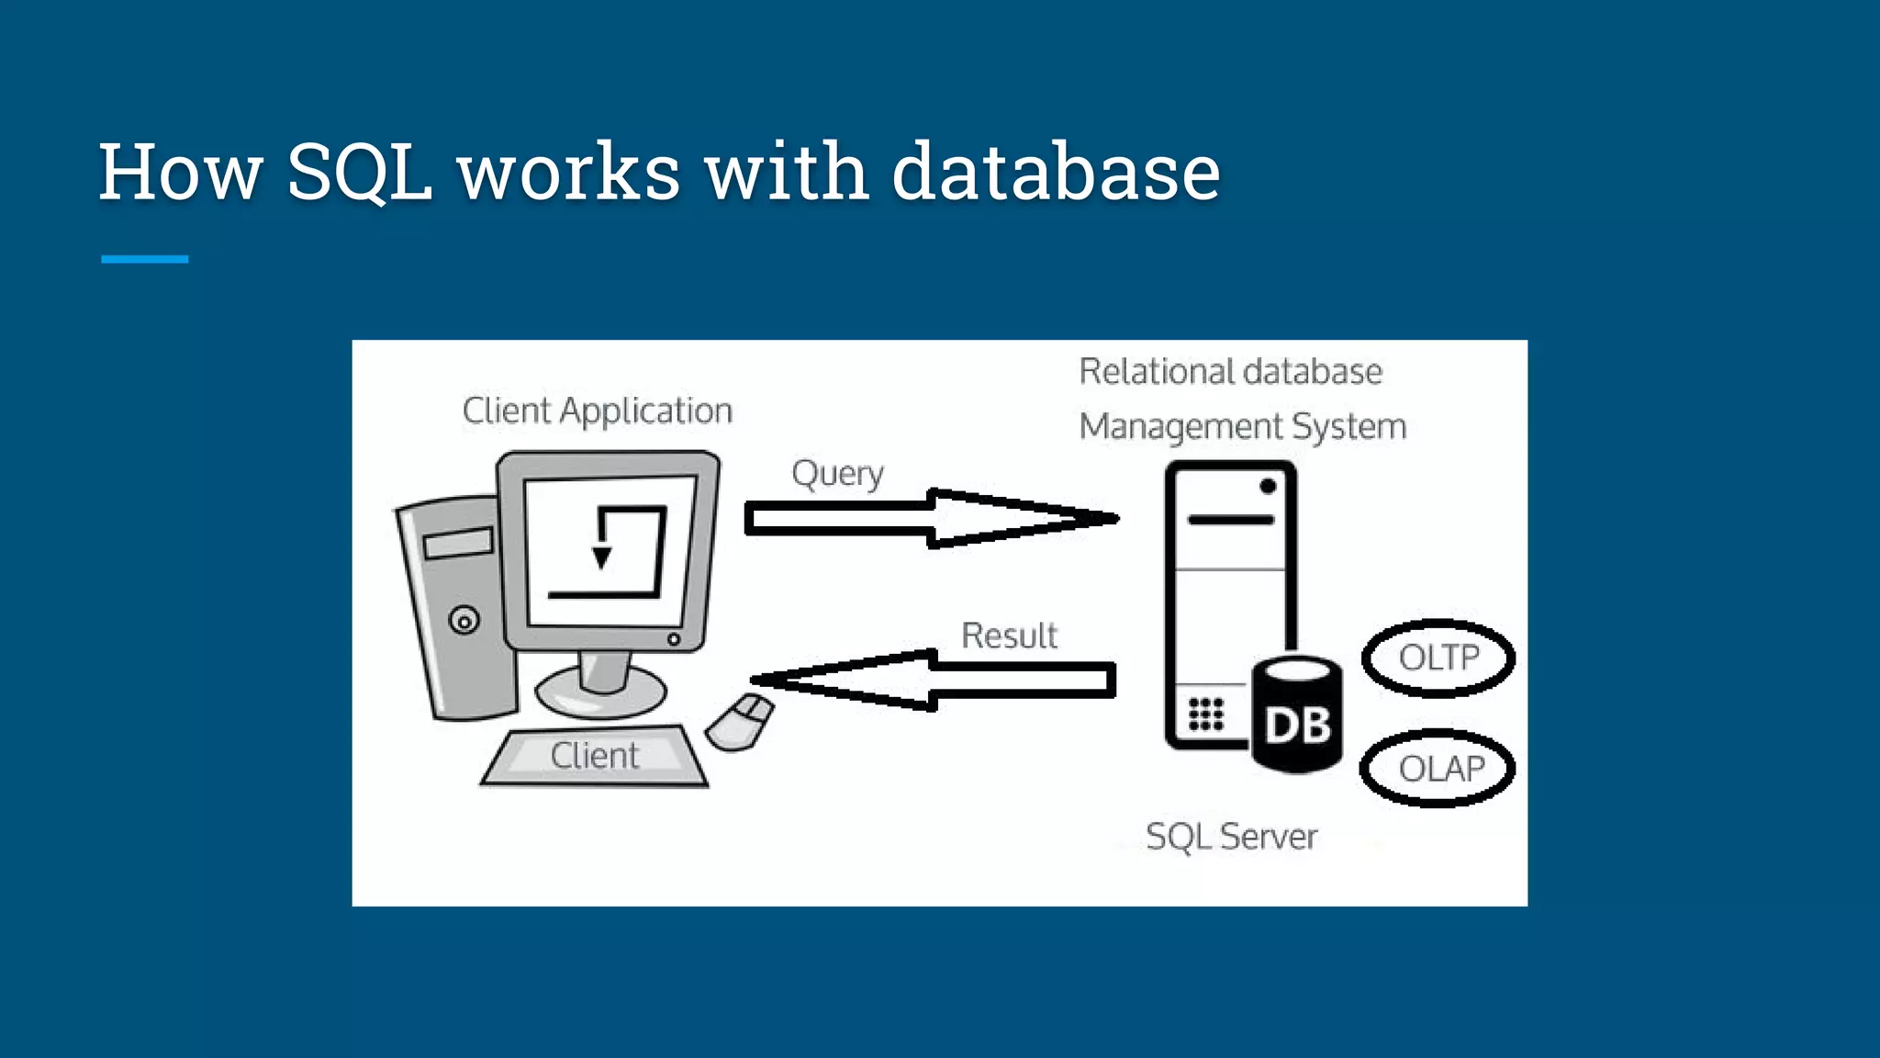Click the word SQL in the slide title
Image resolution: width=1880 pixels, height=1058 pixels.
359,172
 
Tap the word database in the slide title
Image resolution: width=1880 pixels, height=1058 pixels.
1055,172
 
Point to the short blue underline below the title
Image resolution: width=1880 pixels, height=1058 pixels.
144,259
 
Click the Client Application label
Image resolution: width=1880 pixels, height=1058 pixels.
597,411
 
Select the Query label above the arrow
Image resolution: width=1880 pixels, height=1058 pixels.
837,474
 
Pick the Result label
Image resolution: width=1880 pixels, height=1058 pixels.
1009,636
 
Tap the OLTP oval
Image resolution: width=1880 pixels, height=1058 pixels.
1438,658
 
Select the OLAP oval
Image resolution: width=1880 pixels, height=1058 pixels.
1438,769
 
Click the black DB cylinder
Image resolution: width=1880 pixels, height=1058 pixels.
1296,716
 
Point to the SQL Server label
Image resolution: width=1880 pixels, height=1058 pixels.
1231,837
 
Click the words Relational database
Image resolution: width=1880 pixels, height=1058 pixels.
1230,372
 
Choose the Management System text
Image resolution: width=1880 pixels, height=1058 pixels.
1242,427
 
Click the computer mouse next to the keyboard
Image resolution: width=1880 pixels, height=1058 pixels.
740,722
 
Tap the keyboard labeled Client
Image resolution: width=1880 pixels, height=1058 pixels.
595,756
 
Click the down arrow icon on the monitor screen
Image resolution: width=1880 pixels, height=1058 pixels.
602,557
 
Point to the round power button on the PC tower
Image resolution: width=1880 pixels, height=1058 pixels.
464,621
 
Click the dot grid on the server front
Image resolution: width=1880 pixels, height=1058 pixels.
1205,714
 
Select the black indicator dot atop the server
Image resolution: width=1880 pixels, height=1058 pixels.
1268,486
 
